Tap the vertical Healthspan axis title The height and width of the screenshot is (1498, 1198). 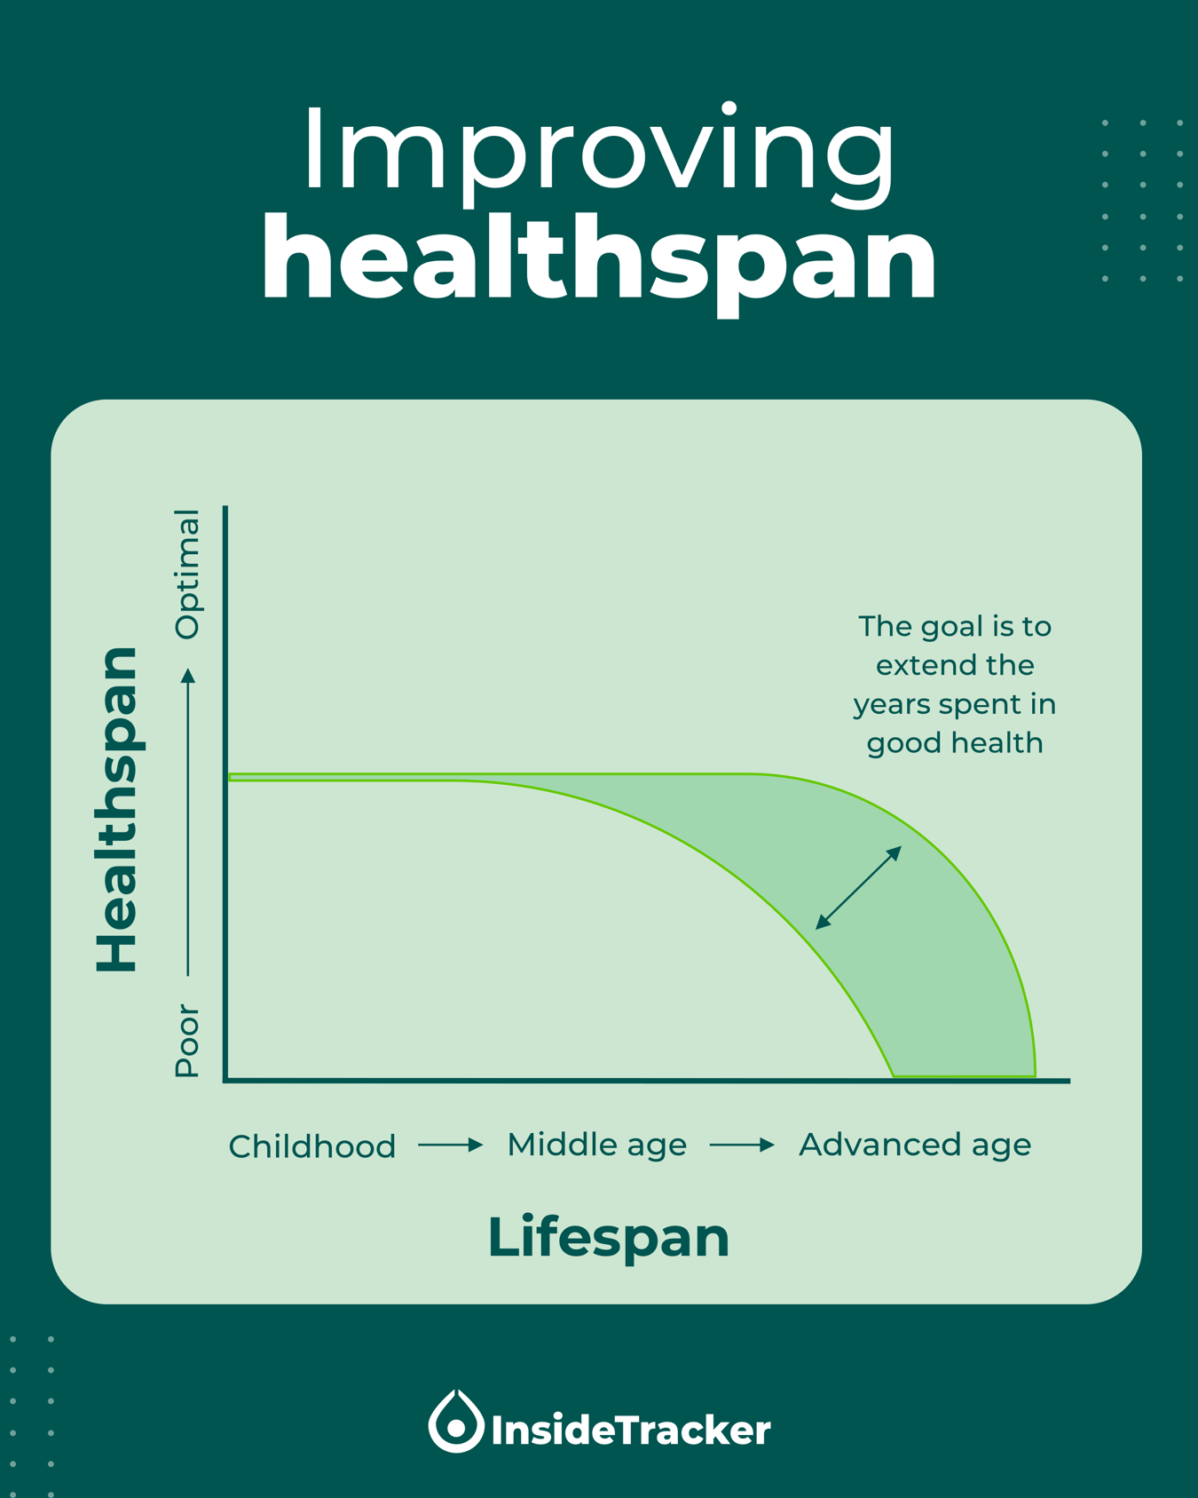[x=117, y=809]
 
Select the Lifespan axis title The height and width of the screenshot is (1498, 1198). [x=608, y=1237]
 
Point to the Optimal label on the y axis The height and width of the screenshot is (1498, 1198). [x=188, y=575]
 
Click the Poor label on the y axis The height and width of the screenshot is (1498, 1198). [x=187, y=1040]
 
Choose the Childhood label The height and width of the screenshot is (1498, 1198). [x=311, y=1146]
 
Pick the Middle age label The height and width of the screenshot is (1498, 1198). [x=596, y=1145]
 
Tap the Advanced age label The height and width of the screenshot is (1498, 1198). [x=915, y=1145]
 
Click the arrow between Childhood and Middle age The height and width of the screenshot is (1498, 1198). [x=450, y=1145]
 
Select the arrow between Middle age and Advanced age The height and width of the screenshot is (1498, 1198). [x=742, y=1145]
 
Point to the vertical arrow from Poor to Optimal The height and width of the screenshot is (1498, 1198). [x=188, y=821]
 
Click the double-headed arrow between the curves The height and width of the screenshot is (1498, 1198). [x=858, y=888]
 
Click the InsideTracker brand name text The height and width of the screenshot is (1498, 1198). [x=630, y=1431]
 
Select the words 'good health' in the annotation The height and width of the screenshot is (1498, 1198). [x=955, y=743]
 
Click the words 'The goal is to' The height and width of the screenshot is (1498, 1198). [x=955, y=627]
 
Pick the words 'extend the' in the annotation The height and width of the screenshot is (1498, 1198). [x=955, y=666]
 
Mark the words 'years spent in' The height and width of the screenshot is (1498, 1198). [x=955, y=705]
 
